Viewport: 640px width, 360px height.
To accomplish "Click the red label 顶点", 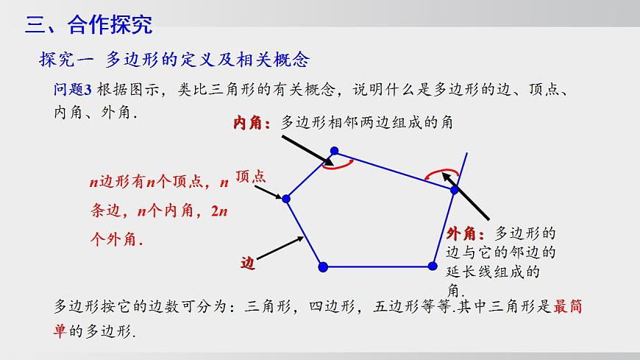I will (x=250, y=176).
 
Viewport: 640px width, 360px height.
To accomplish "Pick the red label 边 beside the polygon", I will (x=248, y=263).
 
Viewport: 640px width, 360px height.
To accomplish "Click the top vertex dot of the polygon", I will (x=334, y=151).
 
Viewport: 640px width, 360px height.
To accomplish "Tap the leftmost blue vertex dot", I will (x=287, y=198).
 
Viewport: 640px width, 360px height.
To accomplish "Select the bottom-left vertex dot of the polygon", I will (x=322, y=266).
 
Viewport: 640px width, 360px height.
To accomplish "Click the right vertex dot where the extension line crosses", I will (x=455, y=189).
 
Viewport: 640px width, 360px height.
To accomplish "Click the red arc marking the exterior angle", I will (x=440, y=173).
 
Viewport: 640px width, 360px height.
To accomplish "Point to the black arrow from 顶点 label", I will (x=268, y=192).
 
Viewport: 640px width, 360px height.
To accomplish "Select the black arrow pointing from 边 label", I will (x=280, y=247).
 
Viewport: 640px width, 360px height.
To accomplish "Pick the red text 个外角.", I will (x=115, y=239).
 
